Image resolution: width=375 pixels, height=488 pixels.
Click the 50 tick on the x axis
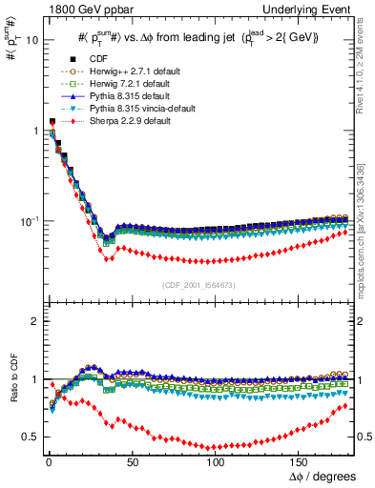(133, 461)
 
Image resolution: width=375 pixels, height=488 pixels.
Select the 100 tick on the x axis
(216, 461)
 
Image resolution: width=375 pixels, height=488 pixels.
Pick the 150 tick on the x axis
(299, 461)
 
